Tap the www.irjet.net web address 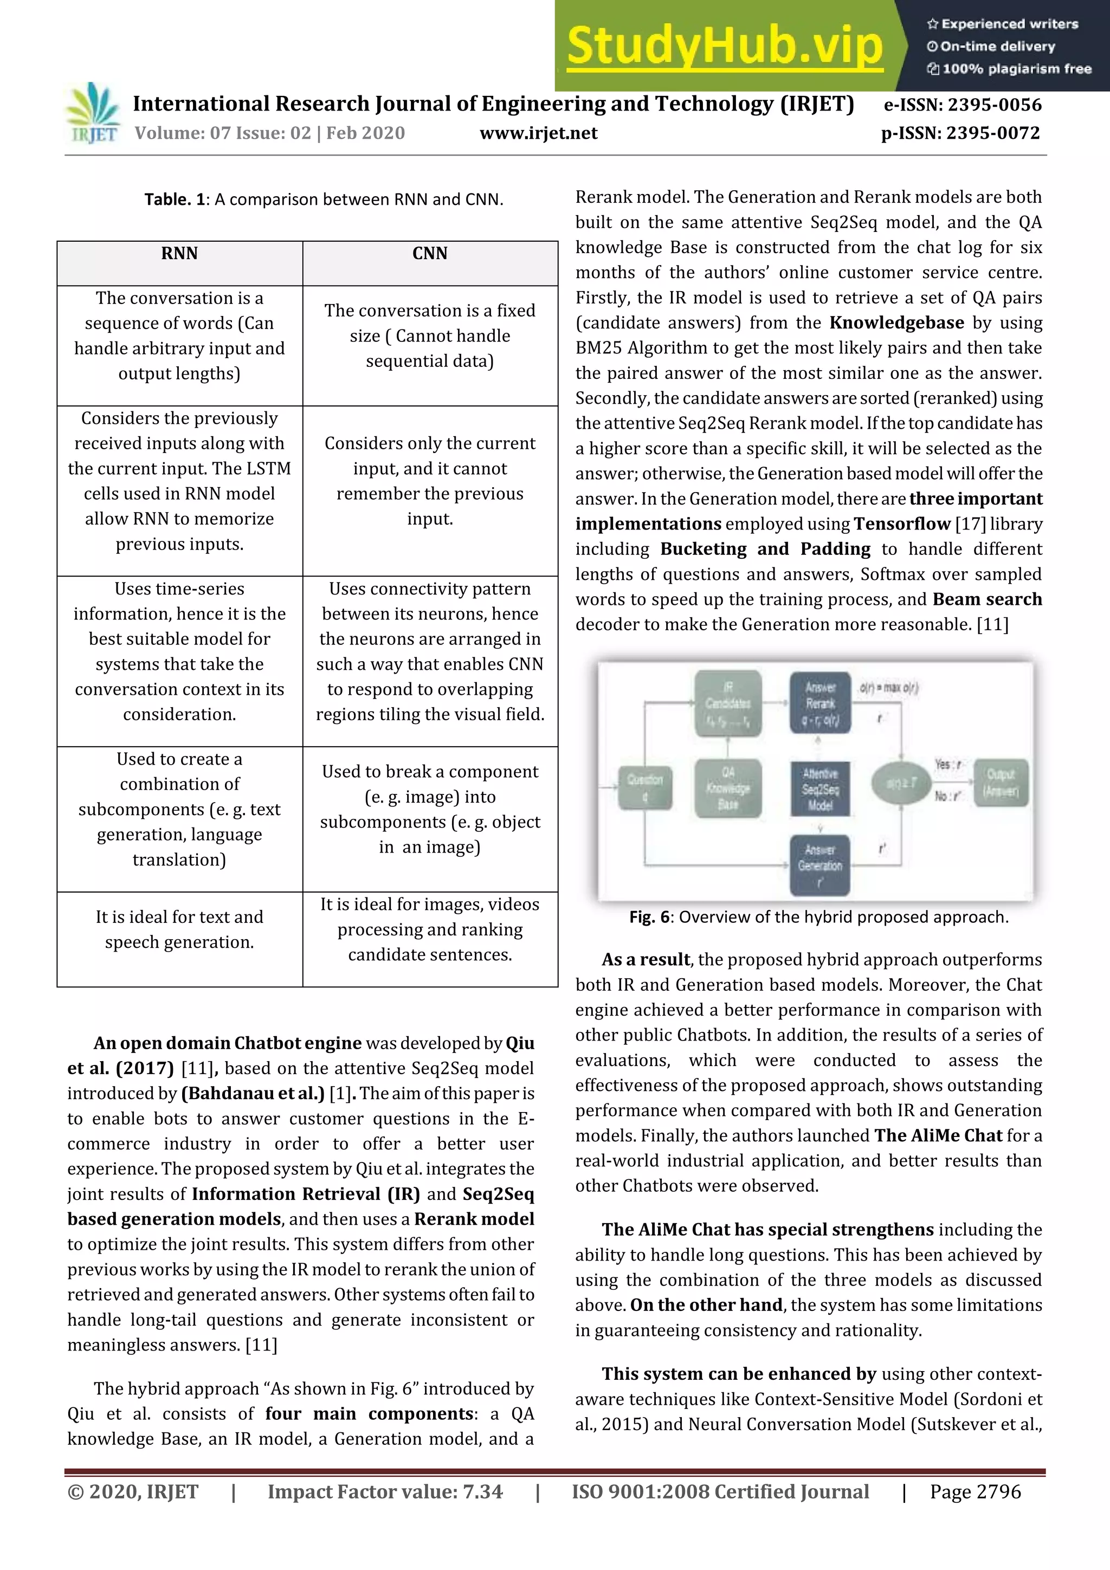coord(538,133)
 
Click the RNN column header coord(179,254)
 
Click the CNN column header coord(429,254)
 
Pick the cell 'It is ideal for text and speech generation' coord(179,929)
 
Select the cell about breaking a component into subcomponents coord(429,809)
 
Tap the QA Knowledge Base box coord(728,788)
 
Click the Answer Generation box coord(820,865)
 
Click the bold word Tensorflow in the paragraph coord(901,524)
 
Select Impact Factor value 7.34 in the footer coord(385,1491)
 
